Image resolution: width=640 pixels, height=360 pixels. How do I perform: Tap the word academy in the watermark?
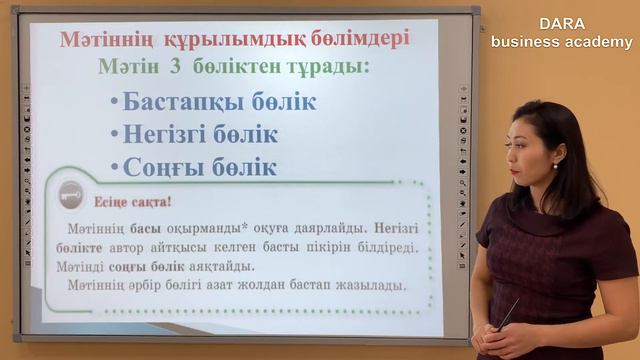click(x=602, y=42)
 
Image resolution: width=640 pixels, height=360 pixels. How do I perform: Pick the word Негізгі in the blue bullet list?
click(x=171, y=134)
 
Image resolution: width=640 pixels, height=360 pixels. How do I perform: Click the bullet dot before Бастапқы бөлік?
click(x=114, y=104)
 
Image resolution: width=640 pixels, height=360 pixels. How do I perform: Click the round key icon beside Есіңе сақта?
click(x=70, y=194)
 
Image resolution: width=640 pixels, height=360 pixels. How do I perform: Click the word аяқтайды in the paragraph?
click(x=219, y=266)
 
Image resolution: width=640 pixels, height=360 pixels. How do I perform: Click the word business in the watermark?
click(x=528, y=42)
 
